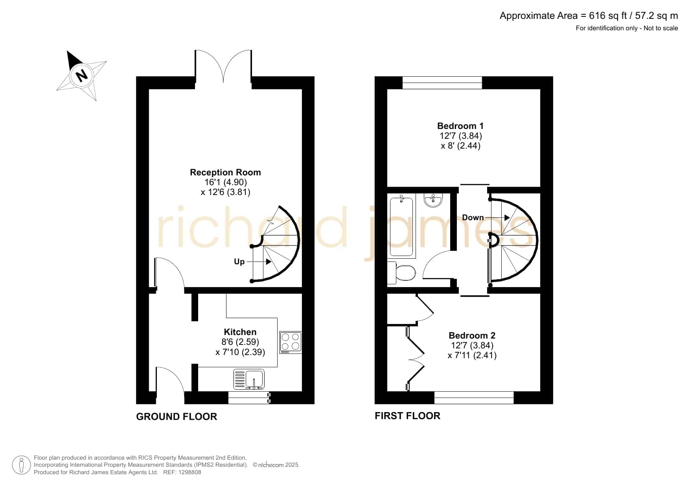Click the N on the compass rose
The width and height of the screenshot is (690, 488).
pos(81,75)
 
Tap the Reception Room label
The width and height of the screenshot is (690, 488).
pos(225,172)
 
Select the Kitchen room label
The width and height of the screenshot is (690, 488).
pos(240,332)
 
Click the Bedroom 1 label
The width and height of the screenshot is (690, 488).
pos(460,126)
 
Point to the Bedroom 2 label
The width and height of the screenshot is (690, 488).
pos(472,335)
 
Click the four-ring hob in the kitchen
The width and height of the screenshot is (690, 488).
pos(291,342)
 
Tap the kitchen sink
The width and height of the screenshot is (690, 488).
pos(249,379)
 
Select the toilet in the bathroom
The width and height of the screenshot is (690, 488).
pos(401,273)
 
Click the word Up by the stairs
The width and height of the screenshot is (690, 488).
pos(239,261)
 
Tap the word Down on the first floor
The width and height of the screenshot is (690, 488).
pos(473,217)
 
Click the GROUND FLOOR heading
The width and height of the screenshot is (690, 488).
pos(177,416)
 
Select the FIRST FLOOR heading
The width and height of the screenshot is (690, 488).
pos(407,416)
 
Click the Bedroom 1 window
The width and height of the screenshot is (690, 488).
pos(442,83)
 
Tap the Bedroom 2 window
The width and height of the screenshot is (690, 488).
pos(474,398)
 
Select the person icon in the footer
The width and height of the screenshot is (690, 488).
pos(21,465)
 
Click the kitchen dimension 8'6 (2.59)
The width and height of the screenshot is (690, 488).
pos(240,342)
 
